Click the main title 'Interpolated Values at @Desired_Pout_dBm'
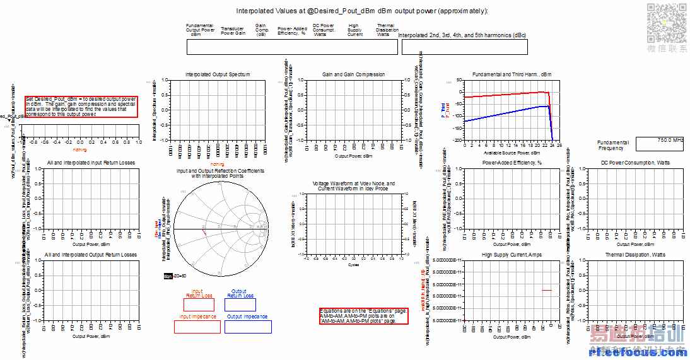point(362,11)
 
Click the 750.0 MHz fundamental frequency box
point(660,144)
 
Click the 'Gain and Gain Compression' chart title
point(353,74)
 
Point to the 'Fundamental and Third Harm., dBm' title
point(512,74)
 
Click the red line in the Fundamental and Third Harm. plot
point(505,95)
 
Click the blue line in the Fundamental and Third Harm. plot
point(505,113)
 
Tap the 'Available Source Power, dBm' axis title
point(510,153)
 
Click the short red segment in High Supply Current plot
point(546,290)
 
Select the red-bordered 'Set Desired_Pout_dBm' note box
point(81,107)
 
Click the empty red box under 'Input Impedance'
point(197,327)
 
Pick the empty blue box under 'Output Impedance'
point(247,327)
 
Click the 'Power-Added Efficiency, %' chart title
point(512,163)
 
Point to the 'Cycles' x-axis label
point(354,265)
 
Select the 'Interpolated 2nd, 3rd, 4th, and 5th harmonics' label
point(463,35)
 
